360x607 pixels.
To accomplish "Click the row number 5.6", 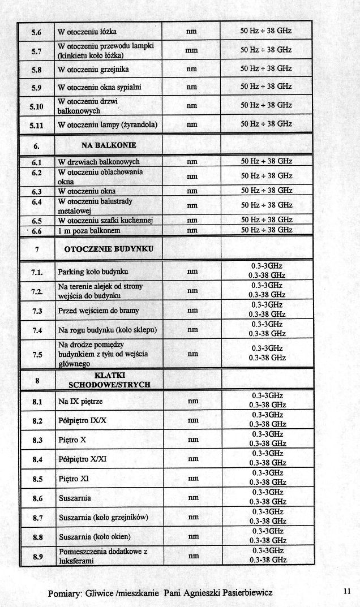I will point(36,31).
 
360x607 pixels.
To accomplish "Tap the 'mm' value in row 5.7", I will point(191,50).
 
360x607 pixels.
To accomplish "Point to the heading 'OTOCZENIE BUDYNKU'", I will point(109,248).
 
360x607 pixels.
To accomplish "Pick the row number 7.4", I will point(37,330).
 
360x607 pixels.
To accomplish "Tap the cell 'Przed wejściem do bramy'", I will point(98,311).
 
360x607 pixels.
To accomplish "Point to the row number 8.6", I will point(37,498).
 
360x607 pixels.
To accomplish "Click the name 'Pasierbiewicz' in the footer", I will point(245,592).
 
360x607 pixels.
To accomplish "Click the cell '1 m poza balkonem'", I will point(89,230).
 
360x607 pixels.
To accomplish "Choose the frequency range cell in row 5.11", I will point(266,124).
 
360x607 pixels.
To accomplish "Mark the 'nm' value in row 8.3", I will point(192,440).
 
